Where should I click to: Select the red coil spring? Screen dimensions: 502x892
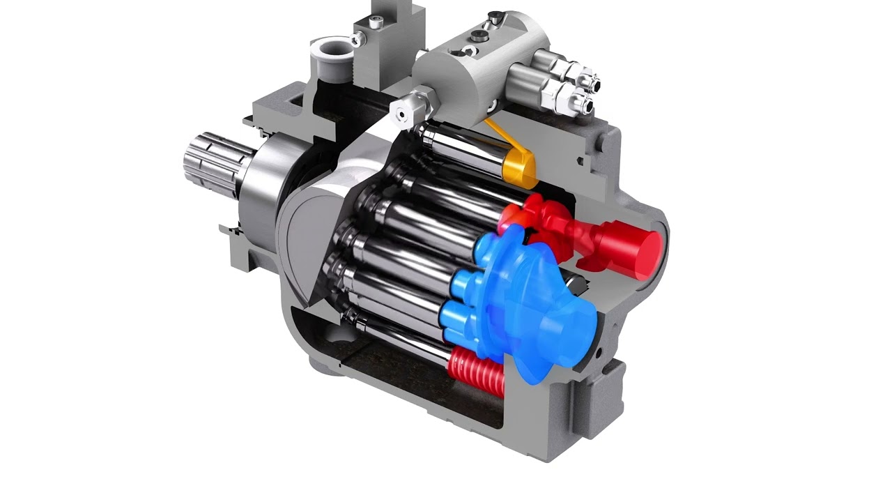click(x=475, y=372)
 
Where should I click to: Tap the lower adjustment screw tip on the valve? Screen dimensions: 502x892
click(x=585, y=105)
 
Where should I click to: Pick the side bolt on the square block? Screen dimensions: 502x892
click(x=355, y=40)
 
